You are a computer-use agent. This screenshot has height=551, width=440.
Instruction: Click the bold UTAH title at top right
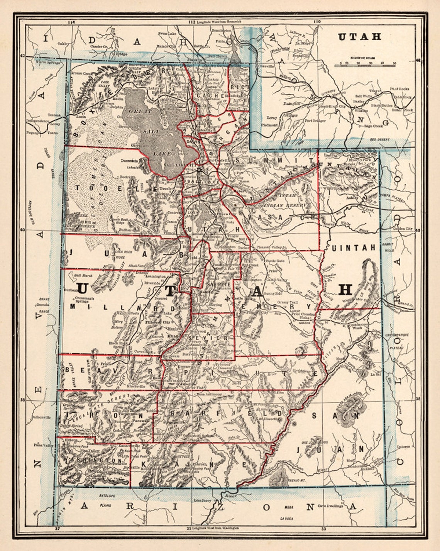pyautogui.click(x=360, y=37)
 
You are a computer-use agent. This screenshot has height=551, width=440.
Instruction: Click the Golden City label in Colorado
pyautogui.click(x=403, y=229)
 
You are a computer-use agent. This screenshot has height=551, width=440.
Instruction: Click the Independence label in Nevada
pyautogui.click(x=37, y=120)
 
